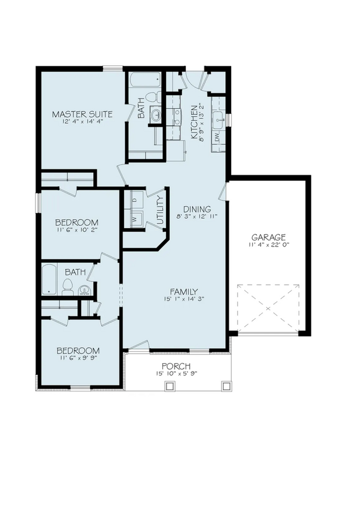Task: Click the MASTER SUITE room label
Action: pyautogui.click(x=82, y=114)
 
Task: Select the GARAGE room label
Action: pyautogui.click(x=268, y=237)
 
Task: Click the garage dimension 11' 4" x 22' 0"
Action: pyautogui.click(x=268, y=246)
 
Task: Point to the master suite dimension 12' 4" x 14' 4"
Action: pyautogui.click(x=82, y=122)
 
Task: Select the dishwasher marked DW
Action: pyautogui.click(x=217, y=138)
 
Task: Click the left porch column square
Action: pyautogui.click(x=170, y=386)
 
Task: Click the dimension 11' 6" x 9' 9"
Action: pyautogui.click(x=78, y=359)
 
